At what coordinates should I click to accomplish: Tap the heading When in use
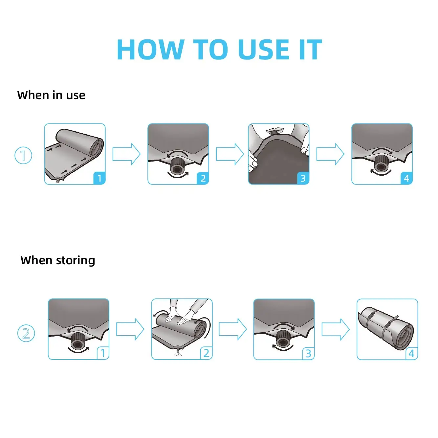point(51,95)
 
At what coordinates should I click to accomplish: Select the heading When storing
point(58,260)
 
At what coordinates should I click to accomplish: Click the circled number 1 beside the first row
point(23,156)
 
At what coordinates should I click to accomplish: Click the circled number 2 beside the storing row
point(26,334)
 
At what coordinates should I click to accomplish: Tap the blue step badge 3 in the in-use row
point(303,178)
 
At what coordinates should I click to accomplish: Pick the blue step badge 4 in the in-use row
point(406,178)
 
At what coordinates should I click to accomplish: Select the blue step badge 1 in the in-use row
point(99,178)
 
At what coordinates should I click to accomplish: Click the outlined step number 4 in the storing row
point(412,353)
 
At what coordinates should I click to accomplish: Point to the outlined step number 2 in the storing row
point(206,353)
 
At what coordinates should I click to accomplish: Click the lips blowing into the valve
point(274,131)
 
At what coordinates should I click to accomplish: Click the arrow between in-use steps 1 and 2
point(126,154)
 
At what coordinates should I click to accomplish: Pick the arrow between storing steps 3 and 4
point(336,329)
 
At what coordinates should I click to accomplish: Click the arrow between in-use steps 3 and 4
point(330,154)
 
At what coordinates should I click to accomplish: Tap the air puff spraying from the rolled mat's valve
point(178,354)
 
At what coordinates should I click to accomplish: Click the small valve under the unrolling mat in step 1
point(58,181)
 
